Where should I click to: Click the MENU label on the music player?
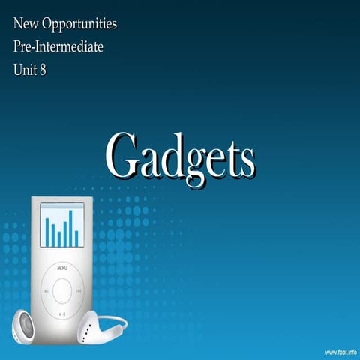coord(62,267)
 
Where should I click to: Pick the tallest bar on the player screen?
coord(71,228)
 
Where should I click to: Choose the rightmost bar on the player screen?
coord(76,238)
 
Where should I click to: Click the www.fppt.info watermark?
coord(340,351)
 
